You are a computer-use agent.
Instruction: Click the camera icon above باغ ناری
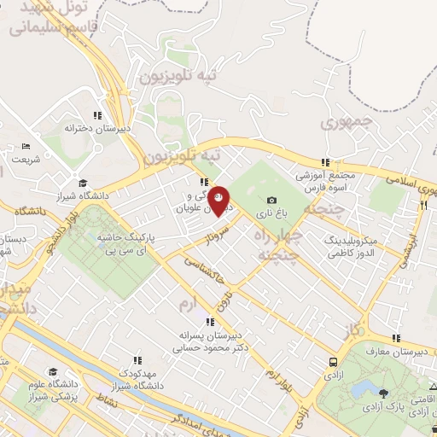[x=271, y=200]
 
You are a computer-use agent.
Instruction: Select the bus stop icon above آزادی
[x=332, y=362]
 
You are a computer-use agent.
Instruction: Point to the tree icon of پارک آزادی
[x=383, y=393]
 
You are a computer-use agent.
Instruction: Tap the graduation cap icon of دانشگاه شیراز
[x=83, y=183]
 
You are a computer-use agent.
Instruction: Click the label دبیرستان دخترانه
[x=98, y=128]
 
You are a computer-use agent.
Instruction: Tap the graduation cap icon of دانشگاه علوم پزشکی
[x=53, y=372]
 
